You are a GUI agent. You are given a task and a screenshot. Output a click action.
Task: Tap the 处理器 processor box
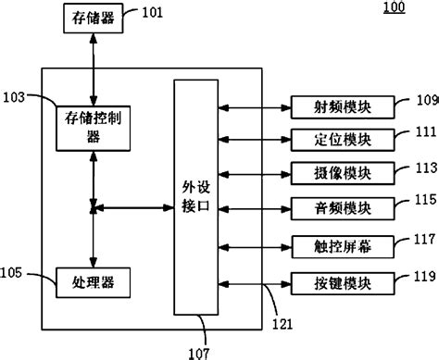[x=93, y=279]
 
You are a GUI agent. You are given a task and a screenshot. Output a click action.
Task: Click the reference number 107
[x=199, y=351]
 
